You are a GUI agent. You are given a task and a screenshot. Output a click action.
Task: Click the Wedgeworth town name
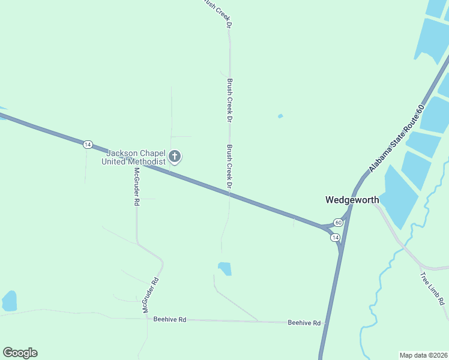click(352, 200)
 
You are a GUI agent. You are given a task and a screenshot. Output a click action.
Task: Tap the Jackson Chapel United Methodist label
click(133, 157)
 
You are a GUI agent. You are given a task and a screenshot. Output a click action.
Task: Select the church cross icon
click(175, 157)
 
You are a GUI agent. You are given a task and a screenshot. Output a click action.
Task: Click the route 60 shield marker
click(339, 223)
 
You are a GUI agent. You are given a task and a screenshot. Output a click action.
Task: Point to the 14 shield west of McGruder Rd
click(88, 144)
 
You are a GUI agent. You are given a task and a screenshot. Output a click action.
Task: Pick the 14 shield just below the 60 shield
click(335, 238)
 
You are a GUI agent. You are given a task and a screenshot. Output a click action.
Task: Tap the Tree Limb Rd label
click(432, 291)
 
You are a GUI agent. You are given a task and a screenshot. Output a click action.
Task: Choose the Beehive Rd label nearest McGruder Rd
click(170, 320)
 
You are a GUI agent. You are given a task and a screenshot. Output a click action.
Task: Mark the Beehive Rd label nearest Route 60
click(304, 322)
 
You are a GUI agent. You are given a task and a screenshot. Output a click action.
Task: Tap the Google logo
click(20, 353)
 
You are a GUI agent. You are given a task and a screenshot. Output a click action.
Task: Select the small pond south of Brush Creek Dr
click(224, 268)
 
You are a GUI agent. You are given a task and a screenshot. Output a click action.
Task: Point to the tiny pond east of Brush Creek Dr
click(280, 116)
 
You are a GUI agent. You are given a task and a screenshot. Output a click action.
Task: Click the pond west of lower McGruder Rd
click(10, 301)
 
